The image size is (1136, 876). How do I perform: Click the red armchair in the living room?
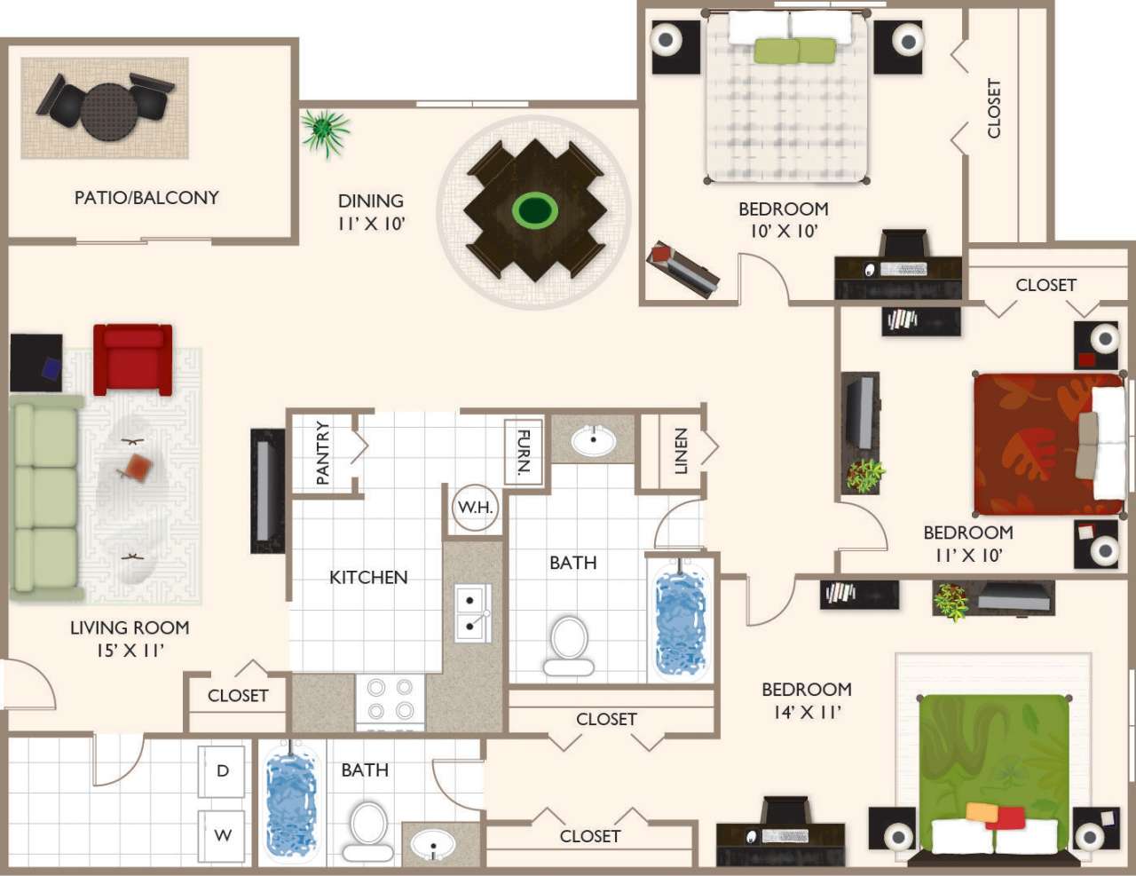[132, 359]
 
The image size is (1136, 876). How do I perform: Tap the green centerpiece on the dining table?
[534, 210]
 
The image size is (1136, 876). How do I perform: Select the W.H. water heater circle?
[475, 509]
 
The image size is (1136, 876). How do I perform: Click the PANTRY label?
[322, 453]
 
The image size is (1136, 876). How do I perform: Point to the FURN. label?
[524, 452]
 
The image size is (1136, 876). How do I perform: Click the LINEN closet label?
[681, 450]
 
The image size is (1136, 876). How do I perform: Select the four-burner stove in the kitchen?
[390, 699]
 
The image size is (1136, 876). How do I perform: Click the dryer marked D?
[223, 770]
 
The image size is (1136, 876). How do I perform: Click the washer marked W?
[223, 835]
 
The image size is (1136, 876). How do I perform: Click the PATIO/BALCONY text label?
[146, 198]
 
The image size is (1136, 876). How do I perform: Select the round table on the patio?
[109, 111]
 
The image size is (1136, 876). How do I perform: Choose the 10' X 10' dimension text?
[783, 231]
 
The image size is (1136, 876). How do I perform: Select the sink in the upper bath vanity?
[593, 439]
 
